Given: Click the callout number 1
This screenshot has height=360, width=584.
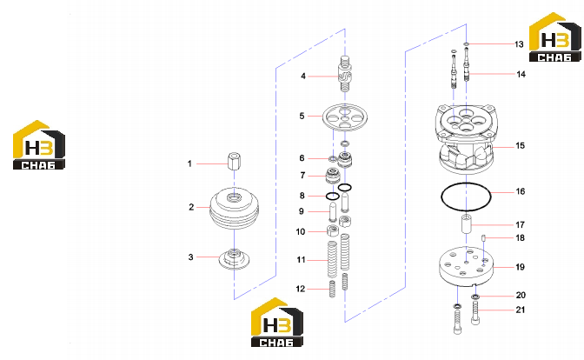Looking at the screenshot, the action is (x=189, y=163).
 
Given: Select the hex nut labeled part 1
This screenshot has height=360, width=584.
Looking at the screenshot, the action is (x=234, y=160).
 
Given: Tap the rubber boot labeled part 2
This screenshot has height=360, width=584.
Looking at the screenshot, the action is (x=235, y=208).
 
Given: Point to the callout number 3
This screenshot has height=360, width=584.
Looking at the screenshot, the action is (x=190, y=257).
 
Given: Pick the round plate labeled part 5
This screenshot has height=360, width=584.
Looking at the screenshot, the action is (x=344, y=117).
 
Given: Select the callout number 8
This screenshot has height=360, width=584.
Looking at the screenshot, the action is (x=302, y=196).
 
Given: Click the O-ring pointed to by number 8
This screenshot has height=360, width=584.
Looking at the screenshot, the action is (x=332, y=196).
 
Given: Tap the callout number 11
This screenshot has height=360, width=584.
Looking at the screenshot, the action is (x=301, y=260).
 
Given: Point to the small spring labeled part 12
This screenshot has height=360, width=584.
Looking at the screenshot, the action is (x=332, y=289).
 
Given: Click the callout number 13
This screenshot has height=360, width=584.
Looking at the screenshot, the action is (x=519, y=44).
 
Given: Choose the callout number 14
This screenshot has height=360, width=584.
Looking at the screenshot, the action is (x=521, y=74).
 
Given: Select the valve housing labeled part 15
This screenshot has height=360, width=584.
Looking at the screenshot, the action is (x=467, y=139).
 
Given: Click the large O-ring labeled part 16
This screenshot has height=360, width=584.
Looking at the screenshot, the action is (x=441, y=197).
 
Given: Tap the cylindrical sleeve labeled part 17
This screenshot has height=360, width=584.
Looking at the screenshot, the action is (x=467, y=224).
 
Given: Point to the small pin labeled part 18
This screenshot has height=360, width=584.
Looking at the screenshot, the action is (x=483, y=237).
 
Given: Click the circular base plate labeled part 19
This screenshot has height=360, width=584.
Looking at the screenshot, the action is (x=467, y=266).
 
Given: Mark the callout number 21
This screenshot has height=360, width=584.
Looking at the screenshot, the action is (x=521, y=310).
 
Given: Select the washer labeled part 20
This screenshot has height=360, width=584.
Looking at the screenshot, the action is (x=475, y=297).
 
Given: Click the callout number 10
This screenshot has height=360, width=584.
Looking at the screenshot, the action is (x=301, y=232).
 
